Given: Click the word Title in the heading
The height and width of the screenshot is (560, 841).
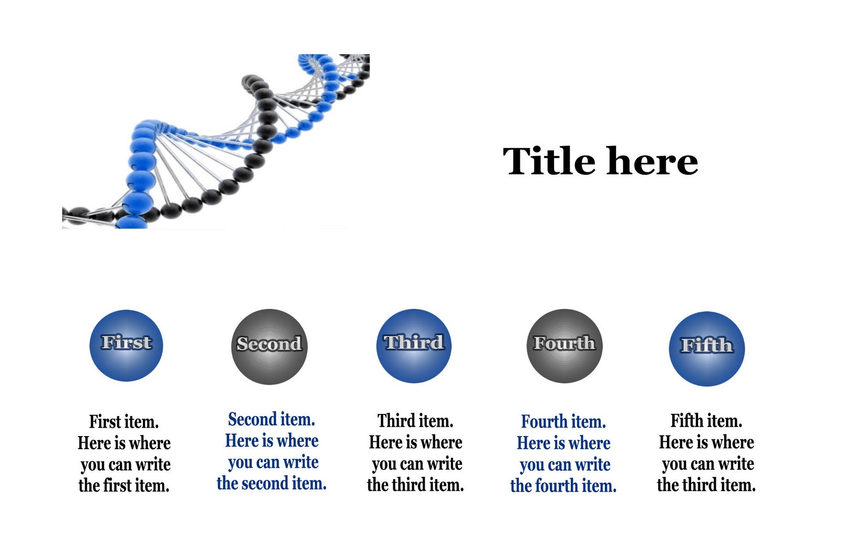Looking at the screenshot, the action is pyautogui.click(x=549, y=161).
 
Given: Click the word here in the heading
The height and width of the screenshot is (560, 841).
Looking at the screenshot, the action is pyautogui.click(x=653, y=161).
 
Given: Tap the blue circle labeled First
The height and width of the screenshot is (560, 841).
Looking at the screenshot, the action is pyautogui.click(x=126, y=346).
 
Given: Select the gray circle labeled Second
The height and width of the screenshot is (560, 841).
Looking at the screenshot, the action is pyautogui.click(x=269, y=347).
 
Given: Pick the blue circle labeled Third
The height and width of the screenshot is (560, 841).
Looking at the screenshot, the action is pyautogui.click(x=414, y=346).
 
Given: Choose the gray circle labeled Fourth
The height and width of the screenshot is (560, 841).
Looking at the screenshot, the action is pyautogui.click(x=565, y=346).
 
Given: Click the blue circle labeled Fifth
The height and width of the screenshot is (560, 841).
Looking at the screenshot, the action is pyautogui.click(x=707, y=349).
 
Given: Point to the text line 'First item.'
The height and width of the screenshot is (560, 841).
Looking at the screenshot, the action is pyautogui.click(x=124, y=422).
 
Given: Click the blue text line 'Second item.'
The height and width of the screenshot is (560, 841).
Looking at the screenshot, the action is pyautogui.click(x=271, y=419).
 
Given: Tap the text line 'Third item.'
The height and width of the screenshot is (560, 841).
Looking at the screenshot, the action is pyautogui.click(x=415, y=421).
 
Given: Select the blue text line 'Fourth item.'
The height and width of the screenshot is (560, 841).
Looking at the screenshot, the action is pyautogui.click(x=563, y=421).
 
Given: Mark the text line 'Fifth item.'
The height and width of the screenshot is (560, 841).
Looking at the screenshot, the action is pyautogui.click(x=706, y=421).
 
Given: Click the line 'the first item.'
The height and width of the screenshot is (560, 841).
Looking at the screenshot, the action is pyautogui.click(x=124, y=486).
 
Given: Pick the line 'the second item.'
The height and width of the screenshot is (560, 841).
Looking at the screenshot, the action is pyautogui.click(x=271, y=483).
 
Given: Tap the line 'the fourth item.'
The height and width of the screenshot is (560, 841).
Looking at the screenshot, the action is pyautogui.click(x=563, y=486).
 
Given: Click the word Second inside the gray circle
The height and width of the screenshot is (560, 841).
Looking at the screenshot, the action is pyautogui.click(x=269, y=344).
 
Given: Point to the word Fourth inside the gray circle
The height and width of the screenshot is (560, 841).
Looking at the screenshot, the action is pyautogui.click(x=565, y=343).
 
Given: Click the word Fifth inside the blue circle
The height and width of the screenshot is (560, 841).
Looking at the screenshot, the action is pyautogui.click(x=706, y=345).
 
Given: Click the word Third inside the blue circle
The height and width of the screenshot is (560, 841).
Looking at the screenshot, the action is pyautogui.click(x=414, y=343).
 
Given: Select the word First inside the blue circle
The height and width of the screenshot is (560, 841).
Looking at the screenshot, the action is pyautogui.click(x=127, y=343).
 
